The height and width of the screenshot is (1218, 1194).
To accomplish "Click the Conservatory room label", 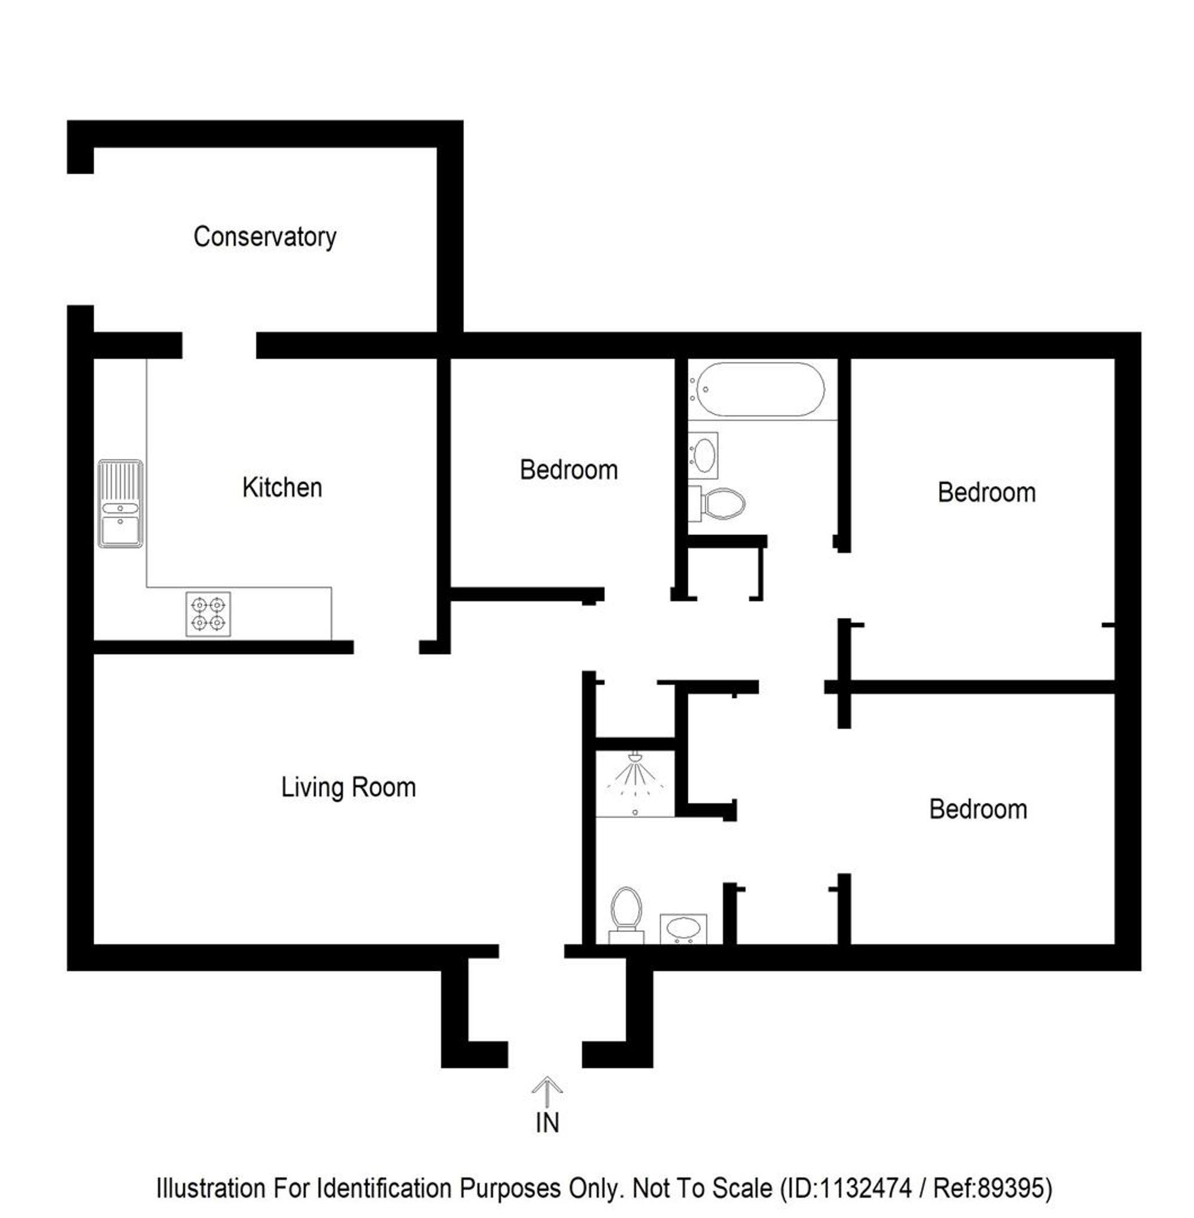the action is click(x=264, y=238).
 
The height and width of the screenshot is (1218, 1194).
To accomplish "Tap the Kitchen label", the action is click(x=282, y=487).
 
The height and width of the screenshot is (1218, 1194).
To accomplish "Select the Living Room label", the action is click(x=348, y=788).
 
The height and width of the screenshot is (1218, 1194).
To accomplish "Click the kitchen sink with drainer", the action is click(x=121, y=504).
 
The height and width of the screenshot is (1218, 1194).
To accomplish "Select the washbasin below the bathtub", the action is click(x=703, y=456).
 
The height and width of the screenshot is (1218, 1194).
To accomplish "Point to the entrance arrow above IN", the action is click(x=547, y=1092).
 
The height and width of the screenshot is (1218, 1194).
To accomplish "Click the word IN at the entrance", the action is click(x=547, y=1122).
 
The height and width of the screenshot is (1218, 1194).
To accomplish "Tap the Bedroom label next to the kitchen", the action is click(x=569, y=470).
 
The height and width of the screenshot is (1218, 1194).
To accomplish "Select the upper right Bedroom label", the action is click(x=986, y=493).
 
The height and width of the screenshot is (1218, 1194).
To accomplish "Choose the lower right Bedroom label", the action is click(x=978, y=809).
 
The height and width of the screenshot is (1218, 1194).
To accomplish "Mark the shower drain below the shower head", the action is click(x=635, y=812).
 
